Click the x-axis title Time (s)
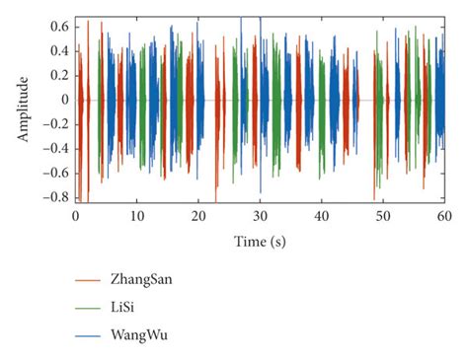pyautogui.click(x=261, y=242)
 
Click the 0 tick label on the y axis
pyautogui.click(x=63, y=100)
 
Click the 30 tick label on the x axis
pyautogui.click(x=261, y=217)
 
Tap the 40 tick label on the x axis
pyautogui.click(x=322, y=217)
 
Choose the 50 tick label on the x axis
pyautogui.click(x=383, y=217)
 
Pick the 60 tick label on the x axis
pyautogui.click(x=444, y=217)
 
